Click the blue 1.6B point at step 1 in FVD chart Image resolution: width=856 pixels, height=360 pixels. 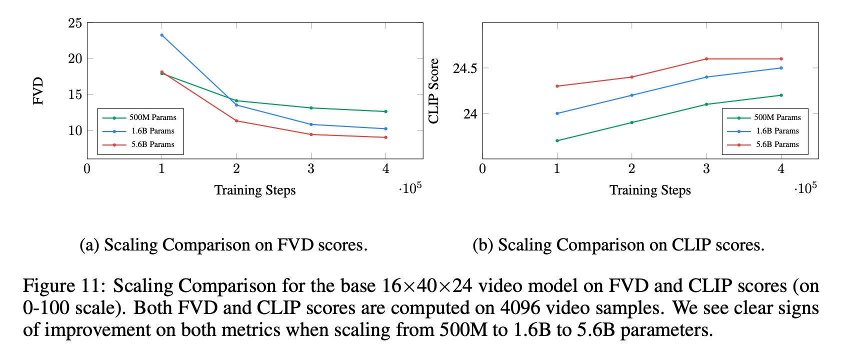point(161,35)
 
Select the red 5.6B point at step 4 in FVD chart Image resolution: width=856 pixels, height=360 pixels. point(385,137)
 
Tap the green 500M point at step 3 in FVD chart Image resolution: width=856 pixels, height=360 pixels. point(311,108)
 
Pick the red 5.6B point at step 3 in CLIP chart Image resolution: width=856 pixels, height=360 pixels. point(706,59)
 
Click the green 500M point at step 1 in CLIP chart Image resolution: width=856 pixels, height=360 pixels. point(557,140)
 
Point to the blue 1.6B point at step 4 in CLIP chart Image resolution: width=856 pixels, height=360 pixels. point(781,68)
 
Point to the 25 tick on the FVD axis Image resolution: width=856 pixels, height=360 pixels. point(75,23)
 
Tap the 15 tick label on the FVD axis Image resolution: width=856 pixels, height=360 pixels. point(75,94)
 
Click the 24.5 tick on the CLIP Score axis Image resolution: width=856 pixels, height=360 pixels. point(464,68)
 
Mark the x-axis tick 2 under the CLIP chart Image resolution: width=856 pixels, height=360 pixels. point(631,169)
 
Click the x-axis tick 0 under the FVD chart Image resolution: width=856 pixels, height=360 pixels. point(87,169)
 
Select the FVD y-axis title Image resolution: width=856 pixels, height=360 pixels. point(38,91)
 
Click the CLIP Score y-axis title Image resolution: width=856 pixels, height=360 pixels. point(434,91)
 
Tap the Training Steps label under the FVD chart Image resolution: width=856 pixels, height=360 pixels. point(255,190)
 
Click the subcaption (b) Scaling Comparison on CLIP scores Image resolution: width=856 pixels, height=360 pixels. point(618,245)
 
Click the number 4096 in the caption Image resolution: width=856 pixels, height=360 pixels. point(520,308)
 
